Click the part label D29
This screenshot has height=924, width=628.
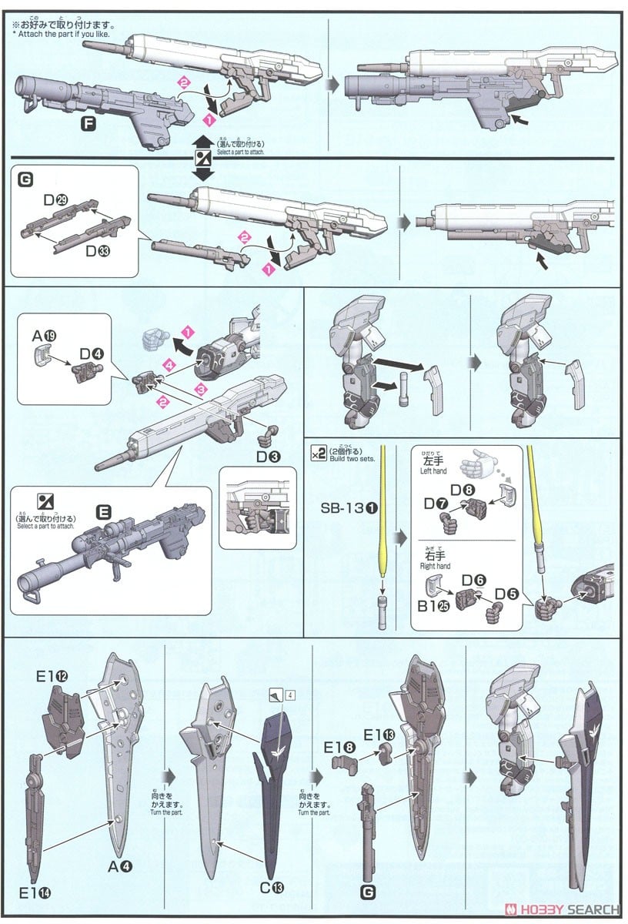[x=55, y=199]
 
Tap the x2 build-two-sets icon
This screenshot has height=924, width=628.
[x=318, y=452]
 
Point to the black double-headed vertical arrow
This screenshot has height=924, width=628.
[x=202, y=157]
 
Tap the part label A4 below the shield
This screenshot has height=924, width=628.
[x=119, y=866]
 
